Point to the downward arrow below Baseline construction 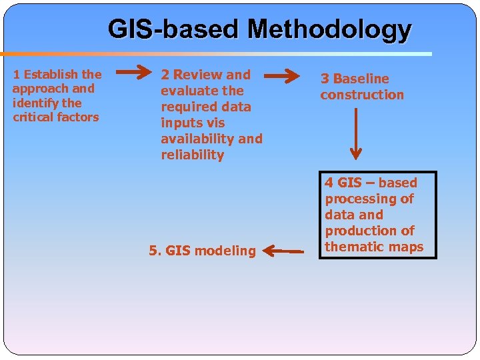(356, 133)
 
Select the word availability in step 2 (197, 139)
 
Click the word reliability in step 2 (192, 155)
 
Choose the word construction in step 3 (362, 95)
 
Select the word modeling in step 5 (225, 251)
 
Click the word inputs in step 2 (179, 123)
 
